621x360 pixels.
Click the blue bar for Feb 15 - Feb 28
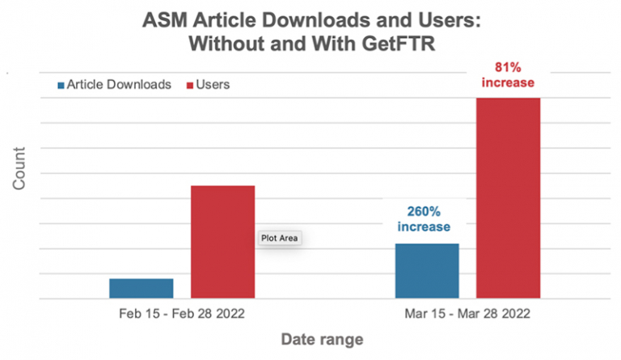[x=142, y=289]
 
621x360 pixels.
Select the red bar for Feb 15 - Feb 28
[x=222, y=243]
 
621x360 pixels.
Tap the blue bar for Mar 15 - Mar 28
[x=427, y=271]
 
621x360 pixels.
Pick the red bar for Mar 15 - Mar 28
[x=508, y=198]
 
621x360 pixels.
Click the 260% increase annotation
[x=424, y=219]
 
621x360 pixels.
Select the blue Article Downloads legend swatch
[x=61, y=84]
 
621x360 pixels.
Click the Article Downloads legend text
[x=120, y=84]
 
